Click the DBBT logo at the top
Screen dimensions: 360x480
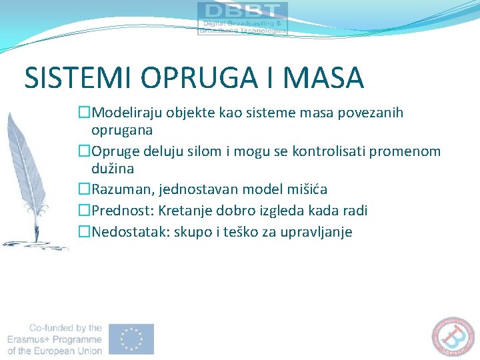tap(243, 18)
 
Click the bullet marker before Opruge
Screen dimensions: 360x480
tap(84, 151)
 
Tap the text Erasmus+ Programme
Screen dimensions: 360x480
tap(55, 339)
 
